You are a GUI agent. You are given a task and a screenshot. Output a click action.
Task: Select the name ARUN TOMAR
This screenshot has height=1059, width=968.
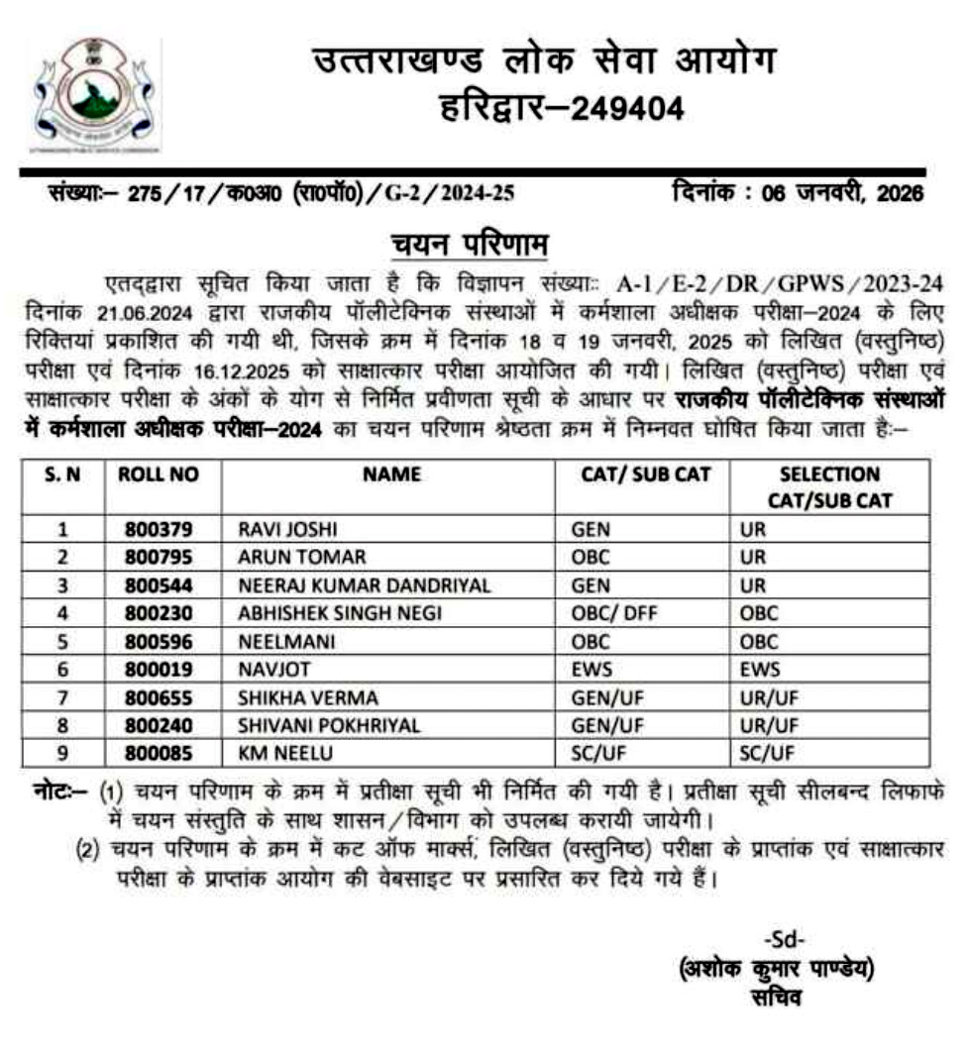pos(288,557)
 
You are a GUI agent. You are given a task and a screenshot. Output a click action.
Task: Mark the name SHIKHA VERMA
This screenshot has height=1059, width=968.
pos(294,697)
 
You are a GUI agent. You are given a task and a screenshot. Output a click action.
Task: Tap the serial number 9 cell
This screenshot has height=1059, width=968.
pos(61,754)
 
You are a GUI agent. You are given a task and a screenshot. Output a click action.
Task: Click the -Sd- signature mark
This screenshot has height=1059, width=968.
pos(785,939)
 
